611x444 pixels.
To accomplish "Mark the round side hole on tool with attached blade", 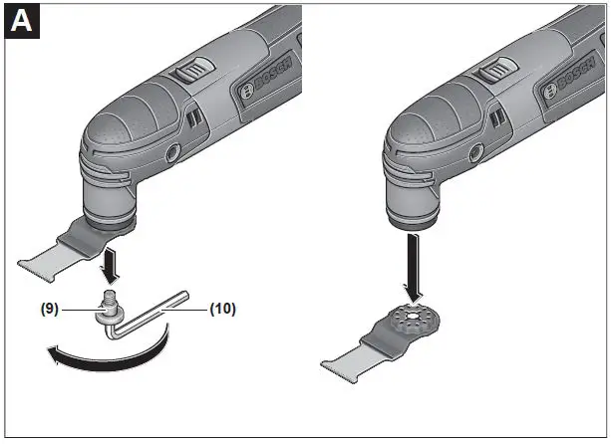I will (x=172, y=153).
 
